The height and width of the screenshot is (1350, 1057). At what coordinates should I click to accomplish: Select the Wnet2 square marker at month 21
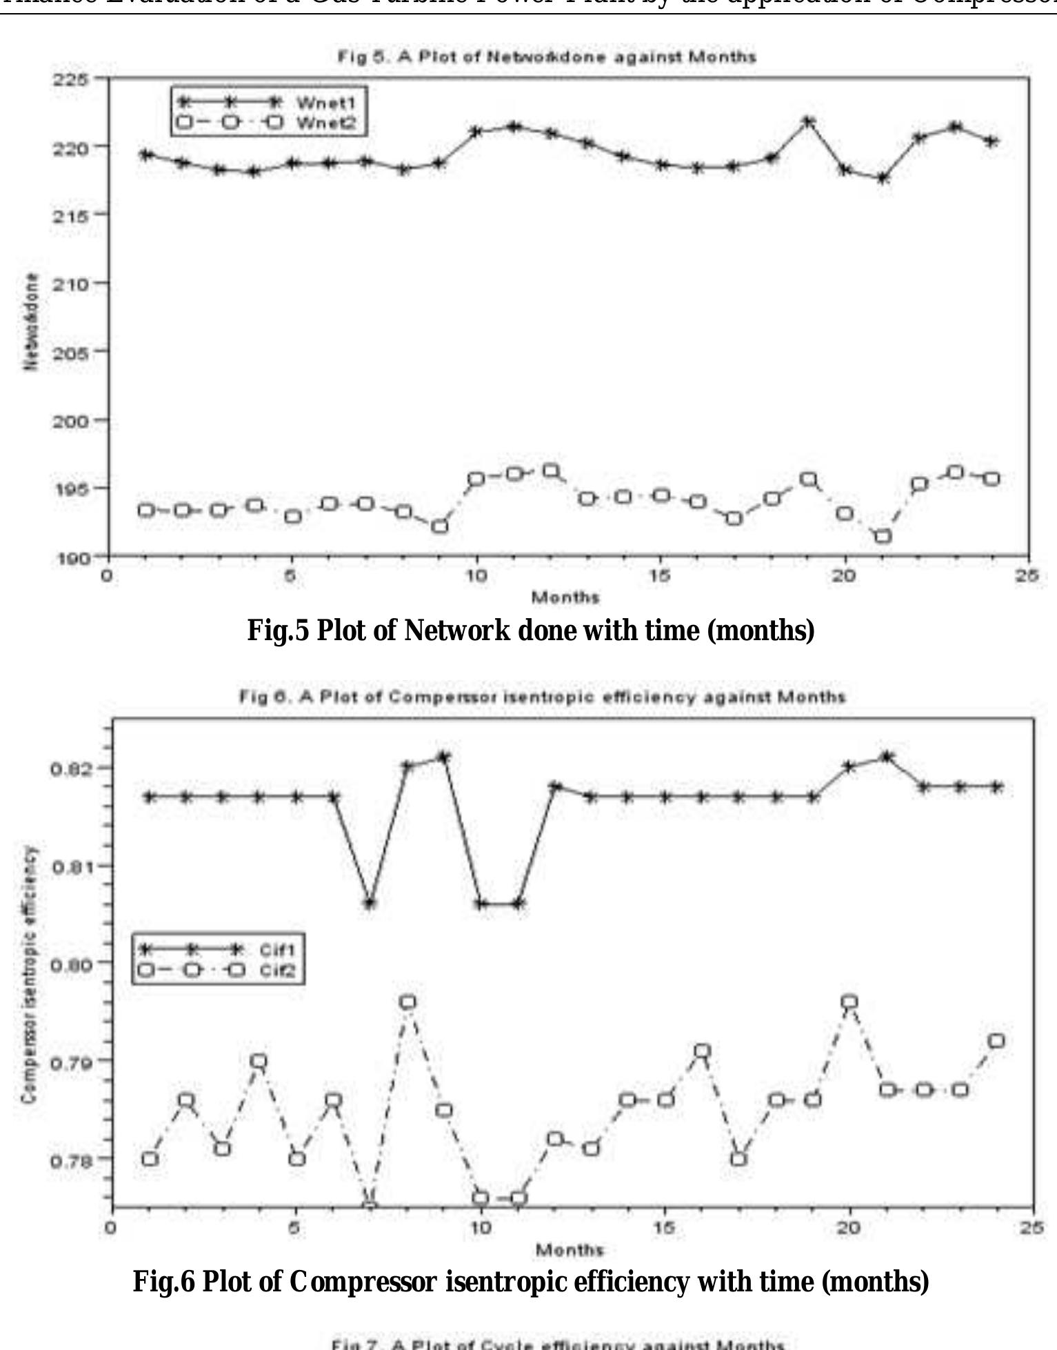883,536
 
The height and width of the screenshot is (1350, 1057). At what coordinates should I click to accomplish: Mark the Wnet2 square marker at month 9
440,526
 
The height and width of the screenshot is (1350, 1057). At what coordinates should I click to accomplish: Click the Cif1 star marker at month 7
370,903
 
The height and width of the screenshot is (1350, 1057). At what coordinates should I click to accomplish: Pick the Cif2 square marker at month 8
407,1002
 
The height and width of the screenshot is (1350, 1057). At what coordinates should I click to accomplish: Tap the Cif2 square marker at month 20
850,1002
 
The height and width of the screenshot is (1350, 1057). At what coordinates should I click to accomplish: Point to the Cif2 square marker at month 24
996,1041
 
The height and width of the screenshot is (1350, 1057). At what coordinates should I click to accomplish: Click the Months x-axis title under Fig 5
566,597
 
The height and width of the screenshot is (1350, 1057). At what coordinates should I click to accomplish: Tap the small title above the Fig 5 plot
546,57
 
